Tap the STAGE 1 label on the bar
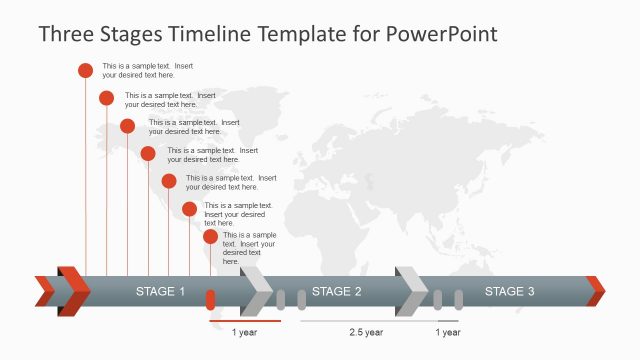(160, 292)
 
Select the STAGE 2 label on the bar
(336, 292)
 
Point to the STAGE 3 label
(509, 292)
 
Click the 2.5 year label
(366, 332)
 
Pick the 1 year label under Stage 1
(245, 332)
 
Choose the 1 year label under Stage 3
(449, 332)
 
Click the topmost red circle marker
(85, 70)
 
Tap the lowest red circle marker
(210, 237)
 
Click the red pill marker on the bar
(210, 299)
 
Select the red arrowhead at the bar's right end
(596, 291)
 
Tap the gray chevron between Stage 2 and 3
(411, 291)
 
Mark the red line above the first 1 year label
(245, 322)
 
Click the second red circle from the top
(106, 97)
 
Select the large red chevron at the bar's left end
(73, 291)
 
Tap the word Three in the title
(66, 35)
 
